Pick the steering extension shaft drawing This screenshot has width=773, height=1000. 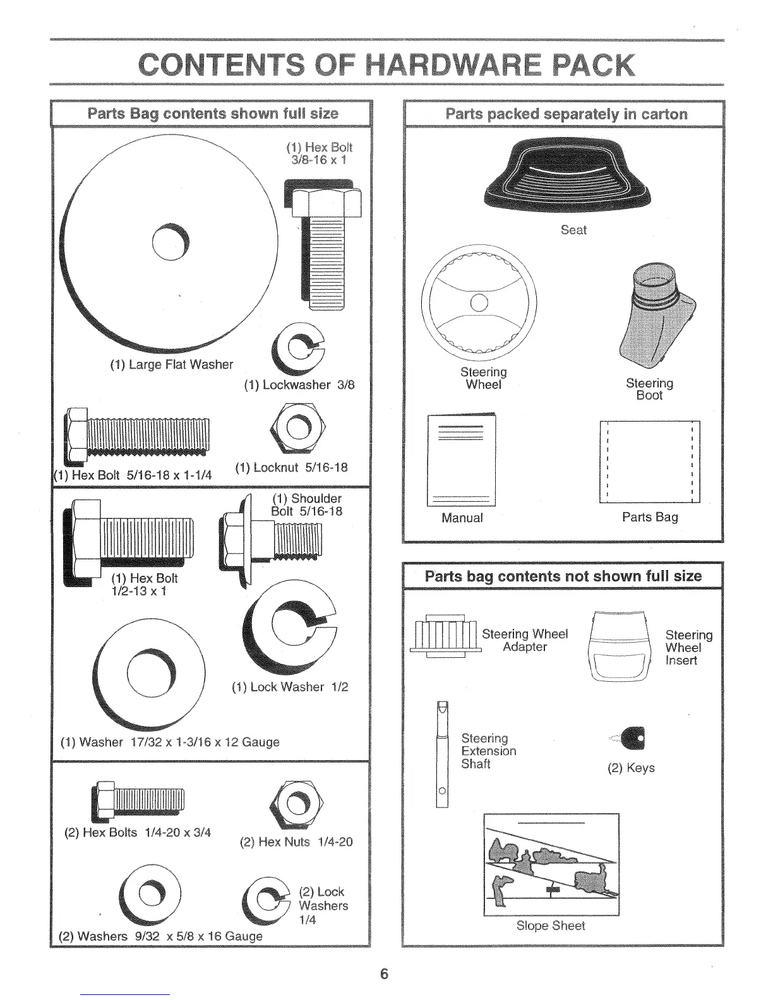pos(441,754)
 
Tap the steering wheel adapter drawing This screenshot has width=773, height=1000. pos(445,634)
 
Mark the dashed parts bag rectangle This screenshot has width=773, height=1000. pos(649,461)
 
